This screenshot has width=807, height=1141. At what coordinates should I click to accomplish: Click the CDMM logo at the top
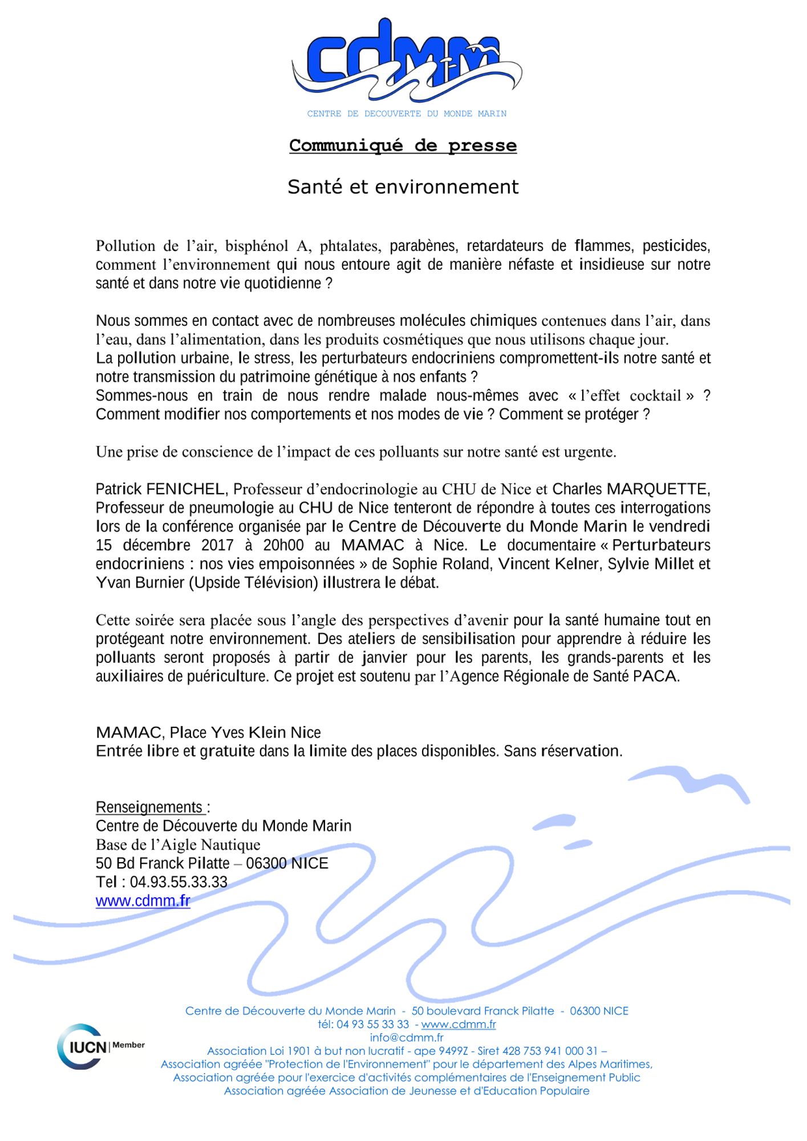pyautogui.click(x=406, y=63)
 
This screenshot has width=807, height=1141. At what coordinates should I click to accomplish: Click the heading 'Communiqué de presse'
pyautogui.click(x=403, y=145)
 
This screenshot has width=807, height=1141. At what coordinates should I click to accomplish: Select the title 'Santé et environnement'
pyautogui.click(x=403, y=187)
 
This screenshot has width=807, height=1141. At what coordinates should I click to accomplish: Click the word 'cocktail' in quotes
pyautogui.click(x=655, y=396)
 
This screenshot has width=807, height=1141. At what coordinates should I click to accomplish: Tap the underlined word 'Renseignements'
pyautogui.click(x=149, y=808)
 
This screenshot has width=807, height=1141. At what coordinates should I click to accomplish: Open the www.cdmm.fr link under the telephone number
pyautogui.click(x=143, y=901)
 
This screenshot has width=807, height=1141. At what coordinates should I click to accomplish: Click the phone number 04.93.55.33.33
pyautogui.click(x=179, y=883)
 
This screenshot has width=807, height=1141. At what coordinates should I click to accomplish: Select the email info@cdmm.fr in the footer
pyautogui.click(x=406, y=1038)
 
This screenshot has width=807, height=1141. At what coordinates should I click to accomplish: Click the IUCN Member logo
pyautogui.click(x=100, y=1046)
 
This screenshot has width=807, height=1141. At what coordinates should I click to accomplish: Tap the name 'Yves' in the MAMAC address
pyautogui.click(x=228, y=733)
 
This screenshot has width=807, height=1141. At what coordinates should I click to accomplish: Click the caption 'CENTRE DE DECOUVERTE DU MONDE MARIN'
pyautogui.click(x=406, y=114)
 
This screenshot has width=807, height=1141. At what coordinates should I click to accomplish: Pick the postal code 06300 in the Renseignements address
pyautogui.click(x=266, y=864)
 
